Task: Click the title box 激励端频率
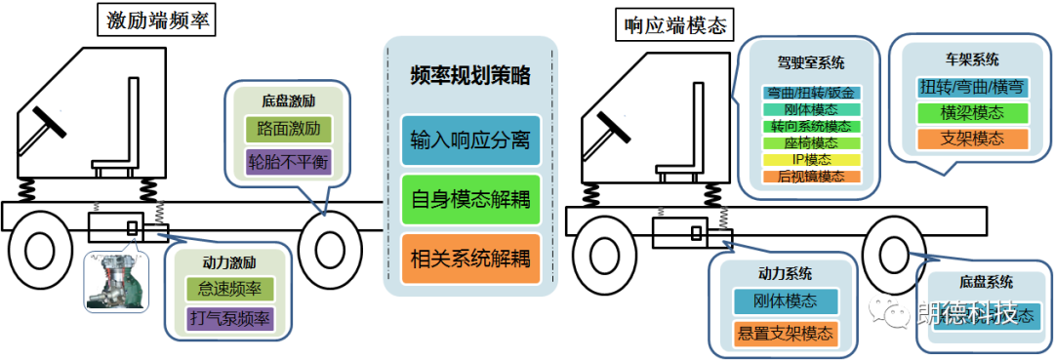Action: (x=155, y=22)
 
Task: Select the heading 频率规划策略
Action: (x=470, y=75)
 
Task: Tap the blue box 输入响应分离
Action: (x=470, y=141)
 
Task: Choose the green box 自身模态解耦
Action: (x=470, y=200)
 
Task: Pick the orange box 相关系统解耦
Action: (x=470, y=259)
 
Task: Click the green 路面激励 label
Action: (x=288, y=129)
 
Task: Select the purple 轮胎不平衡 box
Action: (x=288, y=160)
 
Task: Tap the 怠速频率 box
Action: (x=229, y=289)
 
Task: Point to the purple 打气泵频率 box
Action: (x=229, y=318)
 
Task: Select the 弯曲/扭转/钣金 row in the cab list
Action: (x=811, y=94)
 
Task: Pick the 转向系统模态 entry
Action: (x=811, y=127)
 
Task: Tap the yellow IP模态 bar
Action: (x=811, y=159)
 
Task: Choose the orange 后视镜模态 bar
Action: (x=811, y=177)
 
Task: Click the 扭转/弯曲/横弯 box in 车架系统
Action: (x=965, y=87)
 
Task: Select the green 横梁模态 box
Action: (x=965, y=113)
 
